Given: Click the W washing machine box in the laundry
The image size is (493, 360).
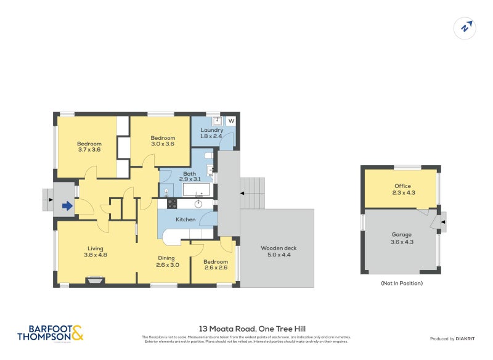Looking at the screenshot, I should coord(231,121).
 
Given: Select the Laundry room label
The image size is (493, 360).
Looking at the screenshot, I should coord(211,130).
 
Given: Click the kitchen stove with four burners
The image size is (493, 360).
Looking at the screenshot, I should coord(172,203).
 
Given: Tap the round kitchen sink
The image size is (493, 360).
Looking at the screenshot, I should coord(198,203).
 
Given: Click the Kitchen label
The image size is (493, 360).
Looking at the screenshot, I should coord(185,219).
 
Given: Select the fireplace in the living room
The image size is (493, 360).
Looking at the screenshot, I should coord(94,280).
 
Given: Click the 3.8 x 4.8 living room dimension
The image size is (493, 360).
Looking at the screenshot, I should coord(96,254).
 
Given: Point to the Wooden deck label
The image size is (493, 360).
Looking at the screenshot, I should coord(279,248).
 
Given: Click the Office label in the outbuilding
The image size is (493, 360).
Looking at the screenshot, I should coord(402,186).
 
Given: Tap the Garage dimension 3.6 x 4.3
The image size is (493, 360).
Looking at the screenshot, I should coord(402,242).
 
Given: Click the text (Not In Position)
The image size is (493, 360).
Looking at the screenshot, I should coord(402,284).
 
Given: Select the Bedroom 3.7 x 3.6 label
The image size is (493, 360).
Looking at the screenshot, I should coord(89,147).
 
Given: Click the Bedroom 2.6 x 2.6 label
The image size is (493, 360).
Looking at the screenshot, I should coord(215,264).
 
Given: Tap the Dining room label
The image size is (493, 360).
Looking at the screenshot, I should coord(166,258).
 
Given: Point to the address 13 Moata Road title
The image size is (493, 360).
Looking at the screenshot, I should coord(252,329).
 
